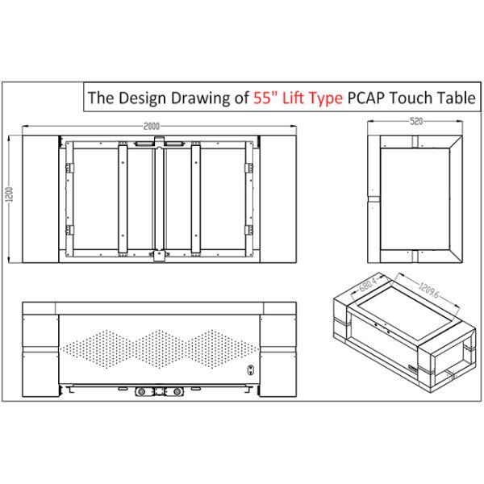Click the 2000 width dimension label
pyautogui.click(x=152, y=126)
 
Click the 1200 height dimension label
pyautogui.click(x=10, y=194)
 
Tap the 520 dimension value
pyautogui.click(x=416, y=121)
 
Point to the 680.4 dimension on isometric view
pyautogui.click(x=368, y=285)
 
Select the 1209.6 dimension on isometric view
pyautogui.click(x=428, y=290)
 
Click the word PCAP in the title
pyautogui.click(x=366, y=98)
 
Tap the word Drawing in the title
pyautogui.click(x=210, y=98)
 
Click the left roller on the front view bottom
pyautogui.click(x=141, y=392)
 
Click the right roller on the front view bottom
pyautogui.click(x=177, y=392)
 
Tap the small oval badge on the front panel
pyautogui.click(x=251, y=369)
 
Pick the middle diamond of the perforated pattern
pyautogui.click(x=159, y=349)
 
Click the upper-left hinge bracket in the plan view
pyautogui.click(x=69, y=169)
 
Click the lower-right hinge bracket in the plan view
pyautogui.click(x=249, y=230)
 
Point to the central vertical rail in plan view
pyautogui.click(x=159, y=199)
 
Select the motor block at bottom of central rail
pyautogui.click(x=159, y=256)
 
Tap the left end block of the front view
pyautogui.click(x=40, y=349)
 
